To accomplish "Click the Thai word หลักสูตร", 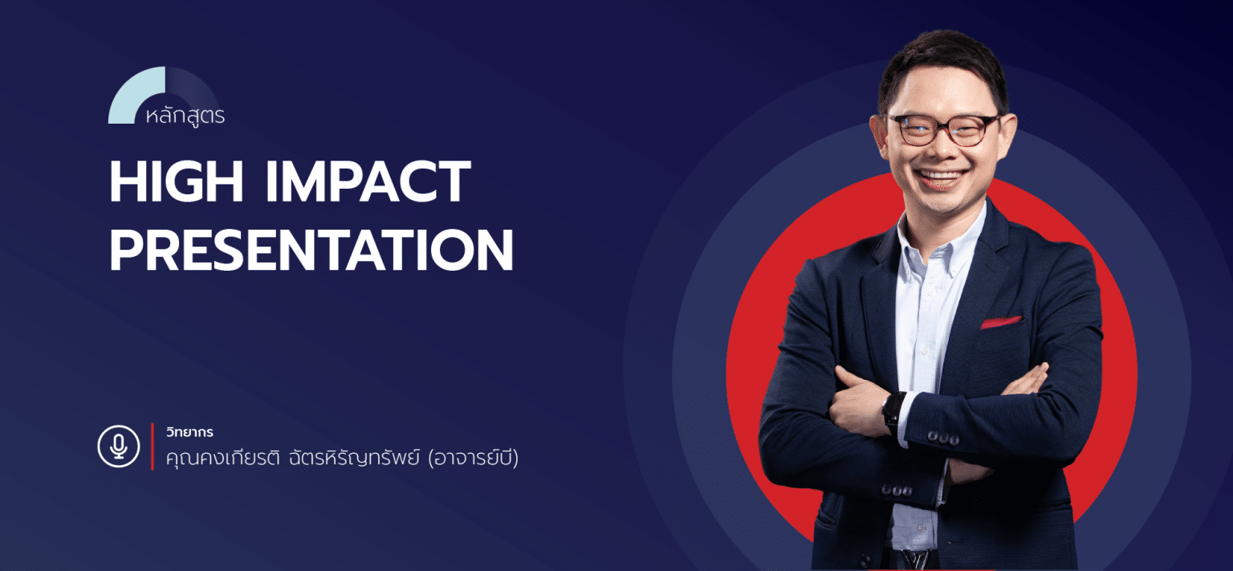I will click(185, 116).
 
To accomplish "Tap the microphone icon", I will click(119, 447).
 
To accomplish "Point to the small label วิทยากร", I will click(189, 432).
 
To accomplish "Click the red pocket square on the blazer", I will click(1000, 322).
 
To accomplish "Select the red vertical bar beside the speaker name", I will click(153, 447).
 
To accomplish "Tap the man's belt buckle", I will click(916, 560).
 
